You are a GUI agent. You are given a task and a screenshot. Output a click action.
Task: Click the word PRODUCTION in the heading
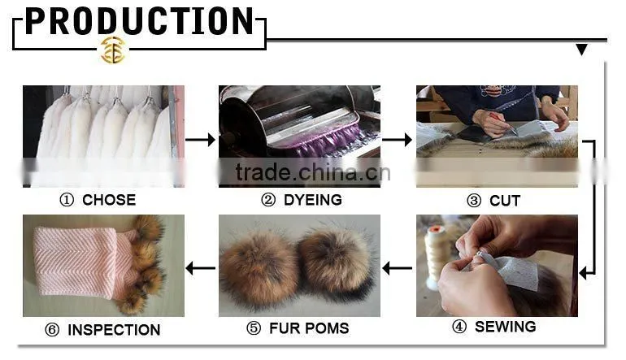click(139, 21)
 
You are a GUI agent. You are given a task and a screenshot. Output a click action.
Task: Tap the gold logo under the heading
click(113, 50)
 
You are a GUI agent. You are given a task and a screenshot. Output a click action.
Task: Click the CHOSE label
click(109, 200)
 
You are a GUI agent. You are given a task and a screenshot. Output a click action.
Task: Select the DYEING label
click(313, 200)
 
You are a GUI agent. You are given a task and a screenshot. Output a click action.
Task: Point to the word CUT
click(505, 201)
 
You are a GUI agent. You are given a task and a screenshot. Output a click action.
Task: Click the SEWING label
click(506, 327)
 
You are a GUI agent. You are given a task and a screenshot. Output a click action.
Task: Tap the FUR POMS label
click(309, 328)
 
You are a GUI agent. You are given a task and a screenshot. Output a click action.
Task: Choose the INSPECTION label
click(114, 330)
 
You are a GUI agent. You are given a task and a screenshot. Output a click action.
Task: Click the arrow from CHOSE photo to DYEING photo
click(201, 140)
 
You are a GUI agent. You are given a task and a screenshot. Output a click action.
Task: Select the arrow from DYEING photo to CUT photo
click(398, 140)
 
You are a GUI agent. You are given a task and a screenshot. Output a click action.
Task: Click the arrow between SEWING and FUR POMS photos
click(398, 268)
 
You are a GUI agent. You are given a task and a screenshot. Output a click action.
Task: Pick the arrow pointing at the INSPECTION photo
click(201, 268)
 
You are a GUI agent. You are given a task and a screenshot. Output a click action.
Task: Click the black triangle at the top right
click(581, 50)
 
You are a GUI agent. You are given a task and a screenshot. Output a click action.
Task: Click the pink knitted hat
click(85, 263)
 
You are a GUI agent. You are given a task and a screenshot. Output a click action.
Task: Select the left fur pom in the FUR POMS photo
click(259, 271)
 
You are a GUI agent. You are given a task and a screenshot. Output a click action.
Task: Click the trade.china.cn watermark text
click(313, 172)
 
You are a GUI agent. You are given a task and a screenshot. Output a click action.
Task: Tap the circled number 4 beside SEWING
click(459, 327)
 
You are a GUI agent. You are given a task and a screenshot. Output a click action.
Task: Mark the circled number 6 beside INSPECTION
click(52, 330)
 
